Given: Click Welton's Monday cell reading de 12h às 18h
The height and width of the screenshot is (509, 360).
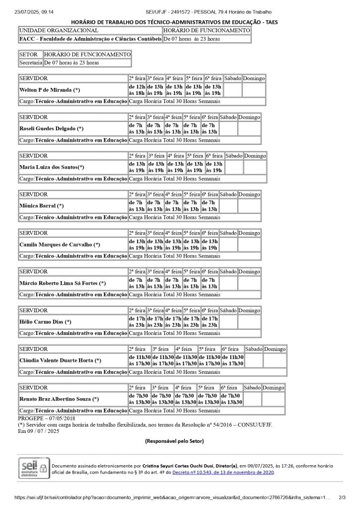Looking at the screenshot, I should [137, 89].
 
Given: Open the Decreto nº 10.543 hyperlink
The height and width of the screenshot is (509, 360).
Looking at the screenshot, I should [223, 472].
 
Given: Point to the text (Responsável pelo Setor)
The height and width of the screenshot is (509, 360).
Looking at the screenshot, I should [174, 441].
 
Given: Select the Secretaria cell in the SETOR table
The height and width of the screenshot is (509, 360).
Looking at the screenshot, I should [31, 63].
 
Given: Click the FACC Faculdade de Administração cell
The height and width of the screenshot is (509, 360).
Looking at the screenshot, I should [90, 38].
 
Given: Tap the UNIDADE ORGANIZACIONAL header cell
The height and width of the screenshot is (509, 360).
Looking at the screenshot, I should [59, 30].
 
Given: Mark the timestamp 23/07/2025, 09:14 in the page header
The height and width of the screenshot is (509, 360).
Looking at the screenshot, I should [34, 11].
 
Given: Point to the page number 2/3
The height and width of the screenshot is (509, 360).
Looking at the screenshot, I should [342, 497].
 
